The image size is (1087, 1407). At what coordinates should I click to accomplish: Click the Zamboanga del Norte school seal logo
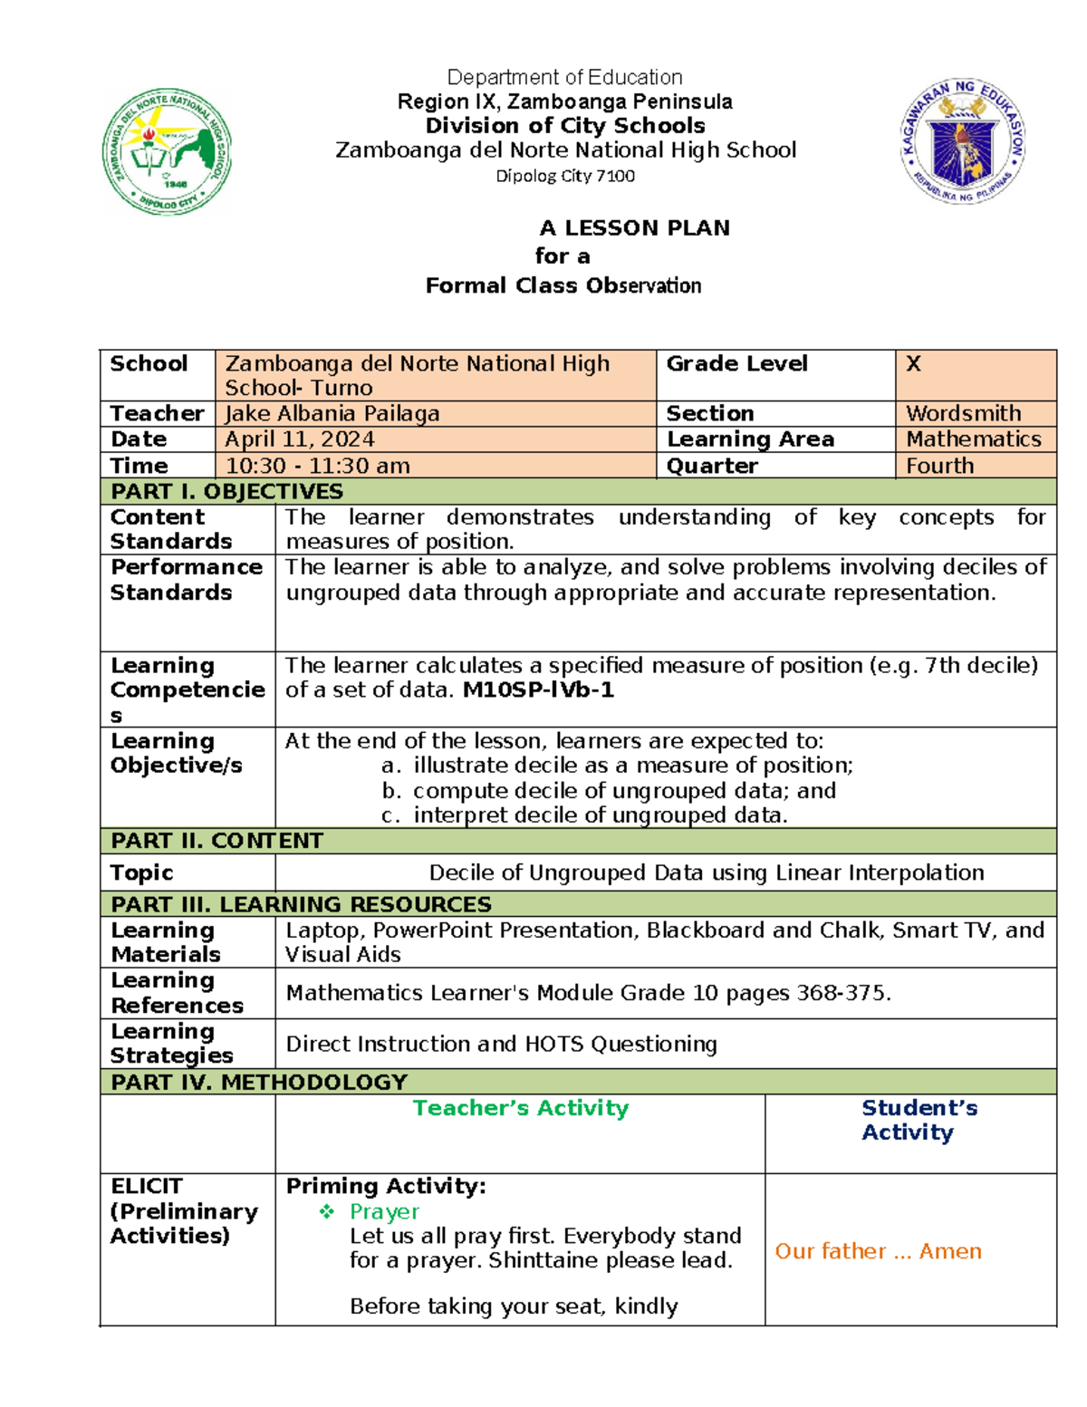pos(167,152)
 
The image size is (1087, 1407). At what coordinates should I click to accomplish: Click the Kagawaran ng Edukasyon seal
pos(963,140)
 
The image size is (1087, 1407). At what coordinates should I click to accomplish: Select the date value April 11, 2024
pos(300,439)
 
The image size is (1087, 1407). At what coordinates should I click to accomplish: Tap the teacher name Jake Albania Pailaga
pos(332,413)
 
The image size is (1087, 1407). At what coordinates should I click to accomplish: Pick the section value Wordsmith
pos(963,413)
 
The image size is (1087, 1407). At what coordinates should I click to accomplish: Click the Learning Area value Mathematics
pos(974,439)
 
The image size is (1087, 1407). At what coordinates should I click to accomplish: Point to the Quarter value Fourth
pos(939,466)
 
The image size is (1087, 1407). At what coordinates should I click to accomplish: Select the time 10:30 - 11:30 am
pos(317,466)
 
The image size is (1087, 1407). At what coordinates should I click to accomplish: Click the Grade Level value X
pos(913,363)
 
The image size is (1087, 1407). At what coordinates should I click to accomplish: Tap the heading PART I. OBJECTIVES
pos(226,491)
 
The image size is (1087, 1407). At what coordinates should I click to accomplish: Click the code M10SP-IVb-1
pos(538,689)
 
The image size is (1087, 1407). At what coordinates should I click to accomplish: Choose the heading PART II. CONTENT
pos(216,841)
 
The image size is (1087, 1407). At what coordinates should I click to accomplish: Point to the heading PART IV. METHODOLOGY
pos(259,1082)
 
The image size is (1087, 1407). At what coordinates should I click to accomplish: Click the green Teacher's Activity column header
pos(520,1108)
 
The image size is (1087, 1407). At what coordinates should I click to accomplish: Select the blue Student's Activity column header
pos(919,1120)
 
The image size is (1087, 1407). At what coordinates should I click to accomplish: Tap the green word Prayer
pos(384,1211)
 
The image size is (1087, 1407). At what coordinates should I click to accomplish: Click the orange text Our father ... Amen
pos(878,1251)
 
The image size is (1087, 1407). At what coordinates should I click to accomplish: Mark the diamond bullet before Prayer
pos(327,1211)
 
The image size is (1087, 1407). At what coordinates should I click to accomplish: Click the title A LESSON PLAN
pos(634,227)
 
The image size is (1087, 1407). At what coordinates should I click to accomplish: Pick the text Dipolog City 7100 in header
pos(565,176)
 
